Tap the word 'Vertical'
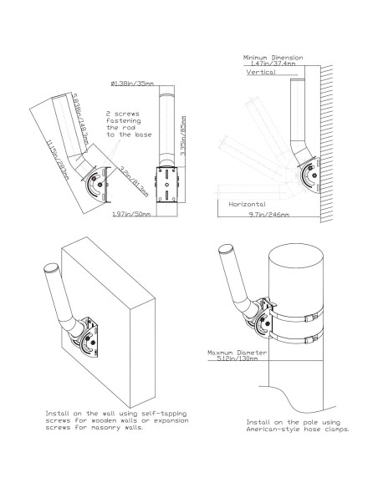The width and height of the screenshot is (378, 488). click(x=261, y=73)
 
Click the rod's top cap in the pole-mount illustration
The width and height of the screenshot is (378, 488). click(x=224, y=250)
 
